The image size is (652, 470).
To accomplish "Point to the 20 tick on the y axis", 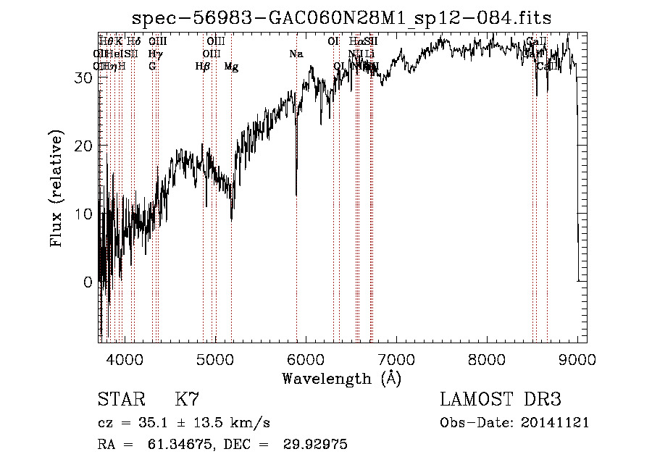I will pyautogui.click(x=83, y=146).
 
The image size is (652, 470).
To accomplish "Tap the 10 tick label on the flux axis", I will pyautogui.click(x=83, y=214).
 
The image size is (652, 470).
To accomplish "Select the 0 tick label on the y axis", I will pyautogui.click(x=88, y=282).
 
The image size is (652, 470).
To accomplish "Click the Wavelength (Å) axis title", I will pyautogui.click(x=341, y=378).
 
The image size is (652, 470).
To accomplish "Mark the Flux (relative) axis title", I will pyautogui.click(x=57, y=188).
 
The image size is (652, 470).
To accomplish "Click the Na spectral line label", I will pyautogui.click(x=296, y=54).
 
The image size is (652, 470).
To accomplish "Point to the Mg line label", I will pyautogui.click(x=231, y=67).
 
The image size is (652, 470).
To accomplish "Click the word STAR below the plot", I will pyautogui.click(x=120, y=400).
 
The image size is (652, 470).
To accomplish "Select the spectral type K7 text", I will pyautogui.click(x=187, y=400).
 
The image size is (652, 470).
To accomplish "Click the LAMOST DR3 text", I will pyautogui.click(x=501, y=400).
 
